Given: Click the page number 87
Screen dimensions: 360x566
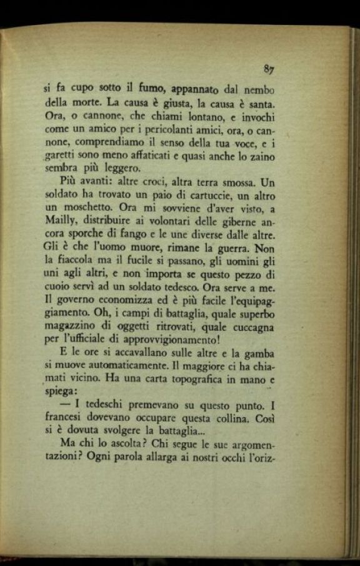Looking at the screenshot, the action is coord(269,69).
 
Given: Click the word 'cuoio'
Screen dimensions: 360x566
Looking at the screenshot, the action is coord(58,301).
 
